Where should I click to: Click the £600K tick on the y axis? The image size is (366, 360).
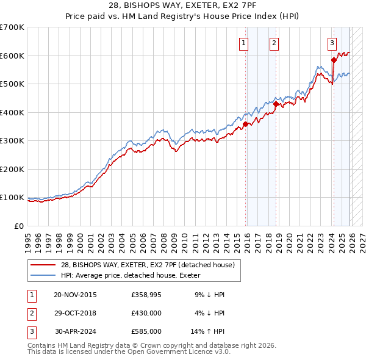click(12, 56)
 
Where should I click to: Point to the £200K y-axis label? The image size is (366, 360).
click(12, 169)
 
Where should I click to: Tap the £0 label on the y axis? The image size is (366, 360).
click(20, 226)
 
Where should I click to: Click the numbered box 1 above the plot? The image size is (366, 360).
click(243, 43)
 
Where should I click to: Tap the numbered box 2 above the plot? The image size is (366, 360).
click(274, 43)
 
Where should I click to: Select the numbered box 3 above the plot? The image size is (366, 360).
click(332, 43)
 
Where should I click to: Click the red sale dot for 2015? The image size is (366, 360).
click(245, 124)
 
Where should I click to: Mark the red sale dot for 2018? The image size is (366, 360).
click(276, 104)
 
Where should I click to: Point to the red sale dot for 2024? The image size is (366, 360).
click(334, 60)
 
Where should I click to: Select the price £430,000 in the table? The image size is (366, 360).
click(146, 313)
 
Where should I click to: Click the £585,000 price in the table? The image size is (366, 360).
click(146, 331)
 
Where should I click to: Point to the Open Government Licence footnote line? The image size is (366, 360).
click(129, 352)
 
